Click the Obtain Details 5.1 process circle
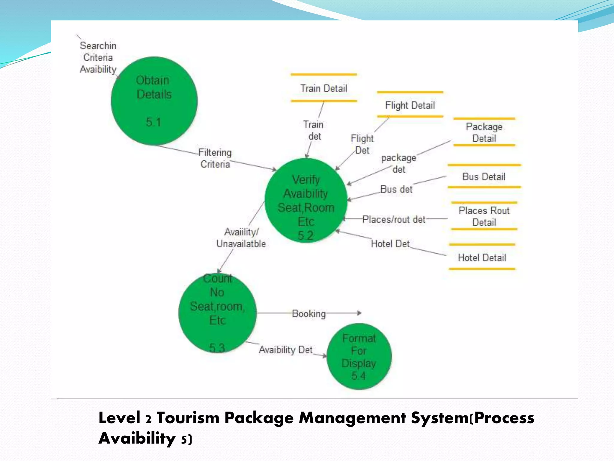coord(154,101)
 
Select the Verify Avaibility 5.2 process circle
coord(306,200)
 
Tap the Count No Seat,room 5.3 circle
coord(217,313)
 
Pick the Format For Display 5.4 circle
coord(359,356)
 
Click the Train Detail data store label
coord(324,88)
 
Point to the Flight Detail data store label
coord(410,105)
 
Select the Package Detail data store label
coord(484,132)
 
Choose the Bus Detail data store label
coord(484,176)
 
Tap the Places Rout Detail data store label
coord(484,216)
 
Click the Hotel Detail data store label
coord(482,258)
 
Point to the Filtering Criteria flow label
coord(215,158)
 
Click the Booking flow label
coord(309,314)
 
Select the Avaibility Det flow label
coord(286,350)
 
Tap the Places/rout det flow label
coord(394,219)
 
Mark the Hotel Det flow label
coord(390,244)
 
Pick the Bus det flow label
coord(396,189)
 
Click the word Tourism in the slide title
coord(188,418)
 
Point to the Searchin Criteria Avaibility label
coord(98,57)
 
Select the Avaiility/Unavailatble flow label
coord(241,238)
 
